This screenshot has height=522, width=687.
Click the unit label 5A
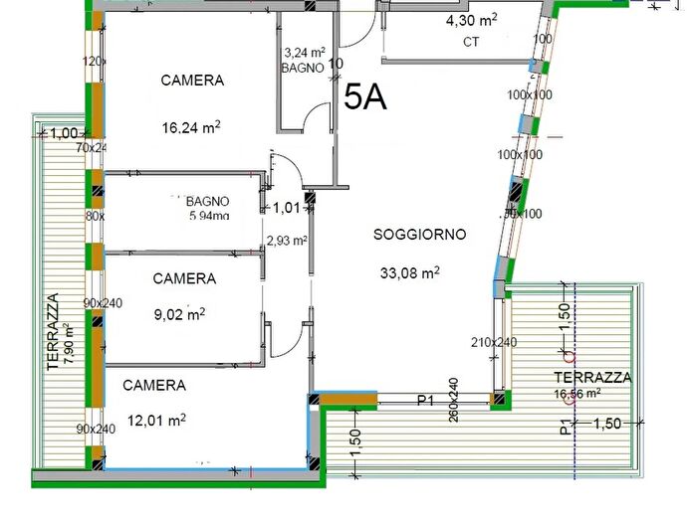click(x=365, y=95)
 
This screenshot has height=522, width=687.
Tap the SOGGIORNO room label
click(x=419, y=235)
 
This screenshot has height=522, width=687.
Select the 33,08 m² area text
click(x=410, y=271)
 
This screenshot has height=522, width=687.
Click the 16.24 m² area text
click(x=190, y=126)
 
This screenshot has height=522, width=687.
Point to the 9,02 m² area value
click(x=179, y=314)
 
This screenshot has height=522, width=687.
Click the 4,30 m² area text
click(x=471, y=20)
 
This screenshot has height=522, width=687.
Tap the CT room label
click(x=471, y=43)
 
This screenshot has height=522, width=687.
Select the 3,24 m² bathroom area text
click(x=305, y=53)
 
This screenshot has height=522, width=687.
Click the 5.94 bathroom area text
click(x=209, y=216)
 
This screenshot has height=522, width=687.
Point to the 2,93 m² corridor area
click(x=286, y=240)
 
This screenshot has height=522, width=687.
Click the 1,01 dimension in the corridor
click(x=286, y=208)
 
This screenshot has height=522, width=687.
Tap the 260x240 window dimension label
click(x=452, y=400)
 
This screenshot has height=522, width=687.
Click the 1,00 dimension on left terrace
click(x=64, y=133)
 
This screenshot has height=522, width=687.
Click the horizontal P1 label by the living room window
click(x=425, y=400)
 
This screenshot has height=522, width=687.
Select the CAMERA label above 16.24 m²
click(x=193, y=81)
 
